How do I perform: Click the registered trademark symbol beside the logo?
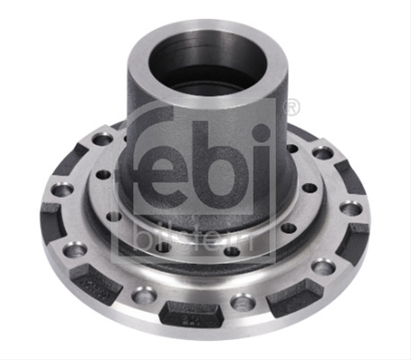coord(291,106)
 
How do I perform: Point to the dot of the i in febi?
coord(262,132)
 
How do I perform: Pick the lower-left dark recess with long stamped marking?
coord(95,283)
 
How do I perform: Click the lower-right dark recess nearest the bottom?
coord(295,296)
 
